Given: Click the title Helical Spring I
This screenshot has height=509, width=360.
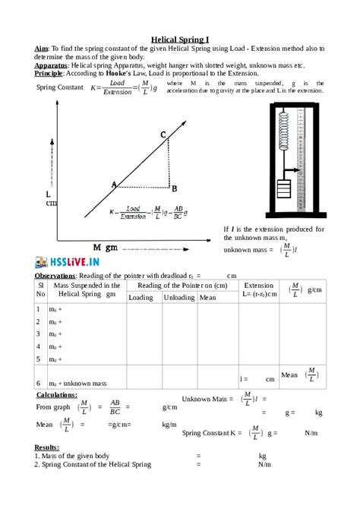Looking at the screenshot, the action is tap(180, 37).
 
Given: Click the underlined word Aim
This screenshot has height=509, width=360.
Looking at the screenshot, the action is tap(42, 48).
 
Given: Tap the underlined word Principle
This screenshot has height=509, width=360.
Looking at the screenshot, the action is tap(50, 74).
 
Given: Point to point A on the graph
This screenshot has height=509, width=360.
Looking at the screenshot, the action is tap(115, 185).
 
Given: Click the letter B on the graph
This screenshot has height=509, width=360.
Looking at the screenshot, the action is tap(174, 188).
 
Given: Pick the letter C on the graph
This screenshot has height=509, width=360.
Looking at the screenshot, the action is tap(163, 134).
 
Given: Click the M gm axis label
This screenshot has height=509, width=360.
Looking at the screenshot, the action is tap(106, 248).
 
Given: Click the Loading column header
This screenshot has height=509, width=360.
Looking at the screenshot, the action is tap(141, 298).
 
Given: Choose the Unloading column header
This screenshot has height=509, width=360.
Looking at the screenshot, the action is tap(179, 298).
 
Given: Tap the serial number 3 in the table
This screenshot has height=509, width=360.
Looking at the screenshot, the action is tap(38, 334).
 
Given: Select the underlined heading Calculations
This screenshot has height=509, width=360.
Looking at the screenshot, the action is tap(57, 395).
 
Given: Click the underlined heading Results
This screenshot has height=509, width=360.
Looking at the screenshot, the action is tap(47, 447).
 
